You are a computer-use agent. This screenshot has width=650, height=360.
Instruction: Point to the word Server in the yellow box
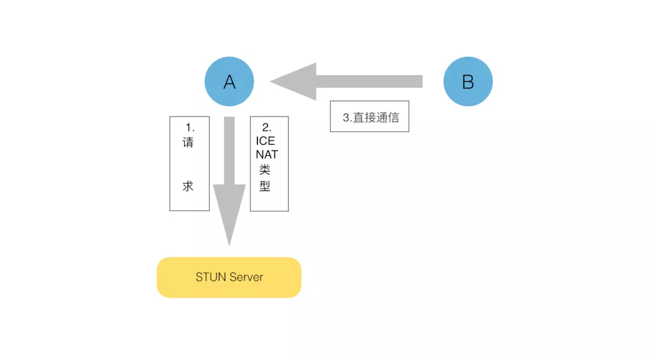point(246,277)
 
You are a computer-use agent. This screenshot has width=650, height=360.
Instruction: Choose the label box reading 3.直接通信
point(369,116)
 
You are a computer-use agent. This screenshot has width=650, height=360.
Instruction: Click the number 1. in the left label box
point(190,128)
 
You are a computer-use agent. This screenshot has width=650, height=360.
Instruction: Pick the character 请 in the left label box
point(188,143)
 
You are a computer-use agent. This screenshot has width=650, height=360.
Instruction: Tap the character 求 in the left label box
point(188,186)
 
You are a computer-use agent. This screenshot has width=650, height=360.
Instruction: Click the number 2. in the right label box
point(266,128)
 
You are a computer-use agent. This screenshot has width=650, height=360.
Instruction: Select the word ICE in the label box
point(265,141)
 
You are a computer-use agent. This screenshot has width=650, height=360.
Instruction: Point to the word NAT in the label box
point(266,155)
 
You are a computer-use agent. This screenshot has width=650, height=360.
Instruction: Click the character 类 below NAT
point(265,169)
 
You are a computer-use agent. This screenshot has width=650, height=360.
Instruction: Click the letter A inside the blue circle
point(229,82)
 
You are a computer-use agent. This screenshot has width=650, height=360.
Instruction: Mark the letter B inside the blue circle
point(468,82)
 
